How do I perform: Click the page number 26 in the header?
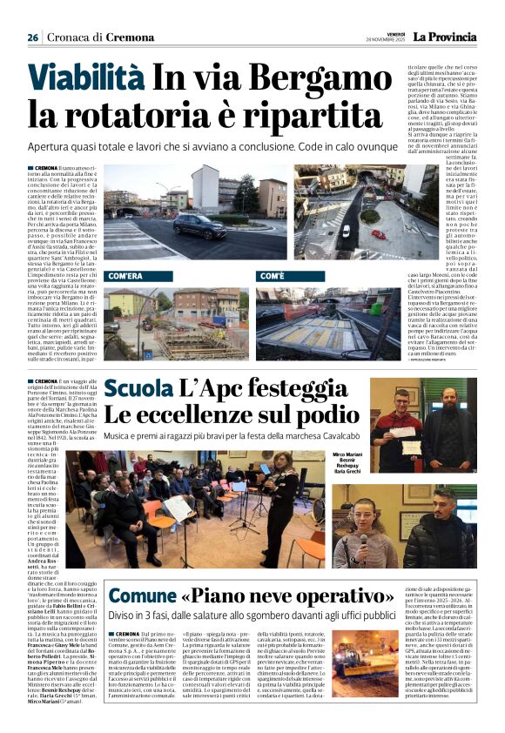32,37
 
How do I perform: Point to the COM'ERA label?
125,274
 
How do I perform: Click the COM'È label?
273,274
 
